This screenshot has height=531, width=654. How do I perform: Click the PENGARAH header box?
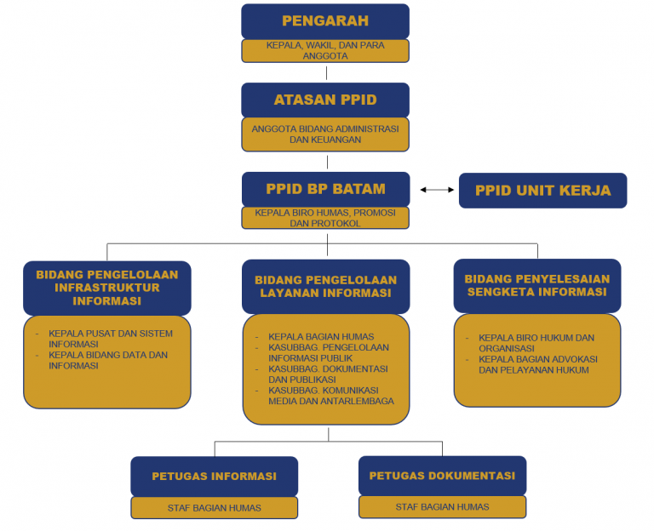(x=325, y=21)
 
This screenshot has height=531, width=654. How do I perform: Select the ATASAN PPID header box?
(x=325, y=100)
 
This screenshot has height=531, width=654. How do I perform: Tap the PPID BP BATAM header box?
(x=326, y=189)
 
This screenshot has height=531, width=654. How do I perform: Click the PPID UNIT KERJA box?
(x=542, y=191)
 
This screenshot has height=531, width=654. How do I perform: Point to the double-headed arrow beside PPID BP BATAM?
(x=437, y=190)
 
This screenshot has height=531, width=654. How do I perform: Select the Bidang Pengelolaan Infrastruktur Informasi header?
(x=107, y=288)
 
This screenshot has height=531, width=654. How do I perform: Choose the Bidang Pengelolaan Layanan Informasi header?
(x=326, y=287)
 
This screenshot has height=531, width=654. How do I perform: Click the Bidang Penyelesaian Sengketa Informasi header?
(x=537, y=286)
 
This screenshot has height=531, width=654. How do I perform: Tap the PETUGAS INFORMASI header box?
(x=215, y=477)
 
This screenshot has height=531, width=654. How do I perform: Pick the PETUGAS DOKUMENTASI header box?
(x=442, y=476)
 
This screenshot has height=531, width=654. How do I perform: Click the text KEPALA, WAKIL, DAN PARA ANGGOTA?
(x=325, y=50)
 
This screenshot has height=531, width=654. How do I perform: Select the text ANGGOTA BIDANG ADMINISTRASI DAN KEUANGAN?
(x=325, y=134)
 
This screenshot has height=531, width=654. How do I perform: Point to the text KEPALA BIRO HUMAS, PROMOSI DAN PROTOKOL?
(x=325, y=218)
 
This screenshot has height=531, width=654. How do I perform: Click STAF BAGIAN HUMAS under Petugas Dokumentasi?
(x=442, y=507)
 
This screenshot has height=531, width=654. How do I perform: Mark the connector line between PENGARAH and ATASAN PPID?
(x=326, y=72)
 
